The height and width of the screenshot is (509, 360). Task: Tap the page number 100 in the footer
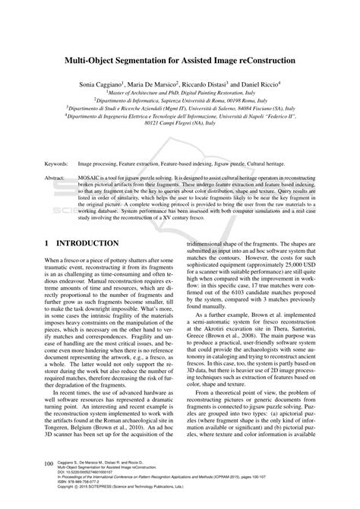(49, 462)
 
